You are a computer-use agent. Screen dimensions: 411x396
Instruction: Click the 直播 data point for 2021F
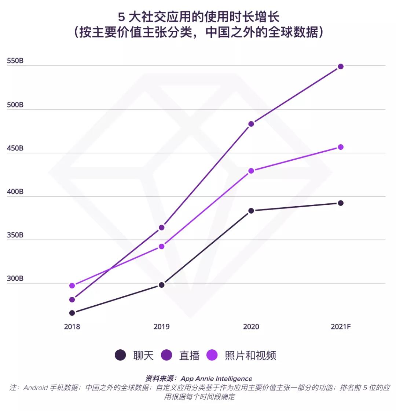coord(341,66)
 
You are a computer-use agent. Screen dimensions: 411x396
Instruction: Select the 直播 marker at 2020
coord(251,124)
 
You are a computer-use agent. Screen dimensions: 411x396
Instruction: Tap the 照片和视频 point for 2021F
coord(341,147)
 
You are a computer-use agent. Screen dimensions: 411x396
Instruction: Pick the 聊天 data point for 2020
coord(251,211)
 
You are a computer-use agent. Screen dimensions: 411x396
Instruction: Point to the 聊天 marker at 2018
coord(72,313)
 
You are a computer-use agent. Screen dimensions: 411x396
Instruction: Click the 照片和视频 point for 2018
coord(72,285)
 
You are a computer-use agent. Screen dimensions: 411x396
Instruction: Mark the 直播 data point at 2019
coord(162,228)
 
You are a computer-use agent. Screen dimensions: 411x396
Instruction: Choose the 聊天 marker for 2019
coord(162,285)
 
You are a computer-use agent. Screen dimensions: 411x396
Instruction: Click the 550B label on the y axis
coord(15,61)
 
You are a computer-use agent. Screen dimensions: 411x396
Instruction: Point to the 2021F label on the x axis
coord(341,327)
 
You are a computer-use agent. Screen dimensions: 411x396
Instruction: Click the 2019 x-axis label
coord(162,327)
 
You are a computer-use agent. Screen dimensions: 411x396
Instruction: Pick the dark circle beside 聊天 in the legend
coord(120,355)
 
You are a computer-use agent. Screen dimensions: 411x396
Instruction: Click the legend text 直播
coord(189,355)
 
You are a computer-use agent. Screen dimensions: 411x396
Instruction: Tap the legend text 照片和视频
coord(250,355)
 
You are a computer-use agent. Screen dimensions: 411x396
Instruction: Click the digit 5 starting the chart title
coord(121,17)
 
